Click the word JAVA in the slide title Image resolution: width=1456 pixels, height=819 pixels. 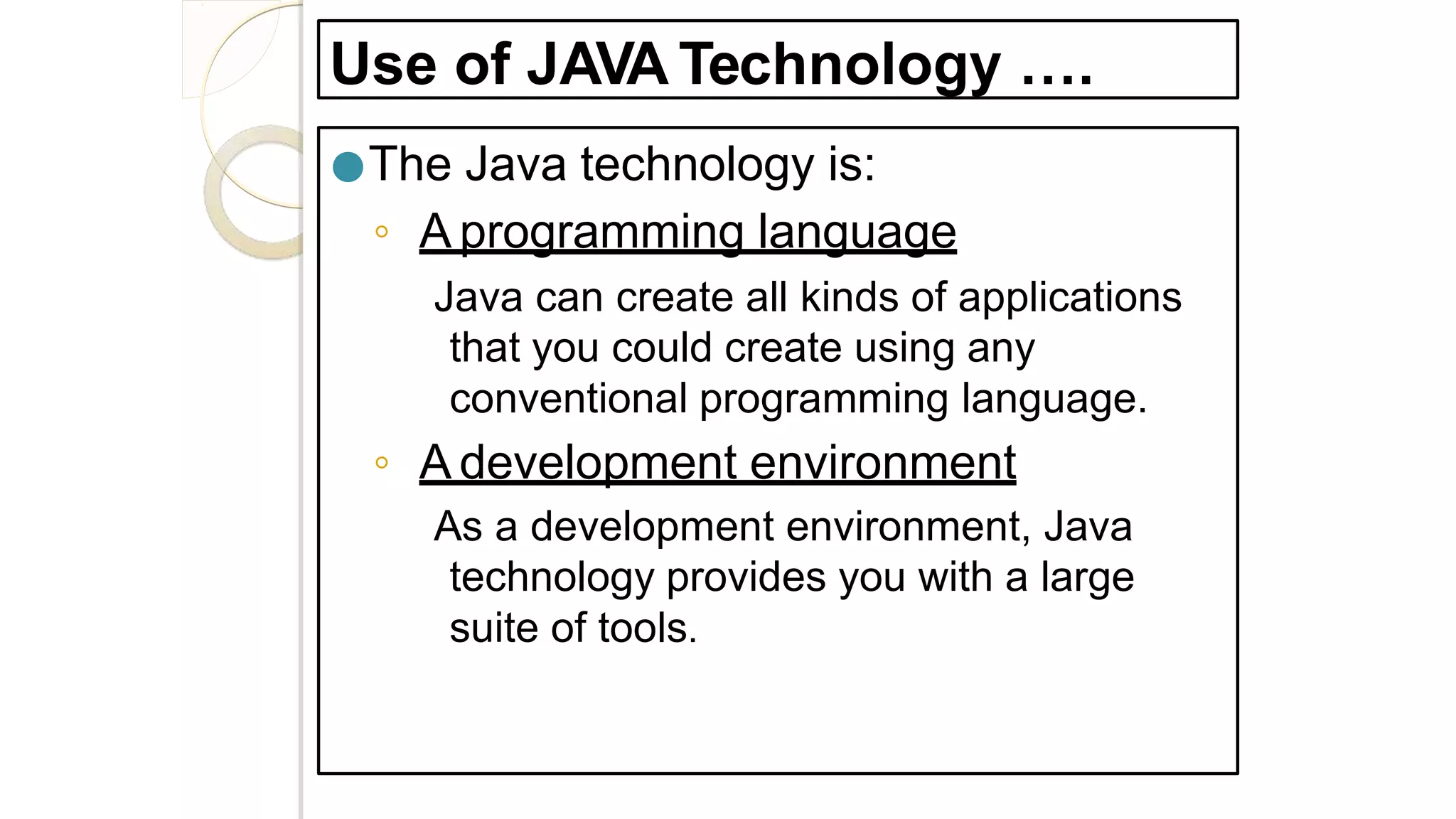tap(596, 65)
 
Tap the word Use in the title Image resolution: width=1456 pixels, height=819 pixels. tap(383, 65)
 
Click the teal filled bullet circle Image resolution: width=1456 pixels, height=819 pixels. tap(348, 167)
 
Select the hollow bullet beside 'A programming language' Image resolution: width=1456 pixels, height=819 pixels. tap(382, 232)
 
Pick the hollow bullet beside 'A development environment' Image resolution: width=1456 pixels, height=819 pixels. tap(382, 463)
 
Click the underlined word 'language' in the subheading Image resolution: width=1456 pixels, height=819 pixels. tap(857, 232)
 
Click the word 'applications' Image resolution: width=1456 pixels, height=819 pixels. tap(1069, 297)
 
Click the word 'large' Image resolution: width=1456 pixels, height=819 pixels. tap(1087, 577)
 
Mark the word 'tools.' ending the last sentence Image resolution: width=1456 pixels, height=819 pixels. tap(647, 628)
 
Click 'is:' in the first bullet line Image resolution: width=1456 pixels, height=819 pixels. tap(851, 164)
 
